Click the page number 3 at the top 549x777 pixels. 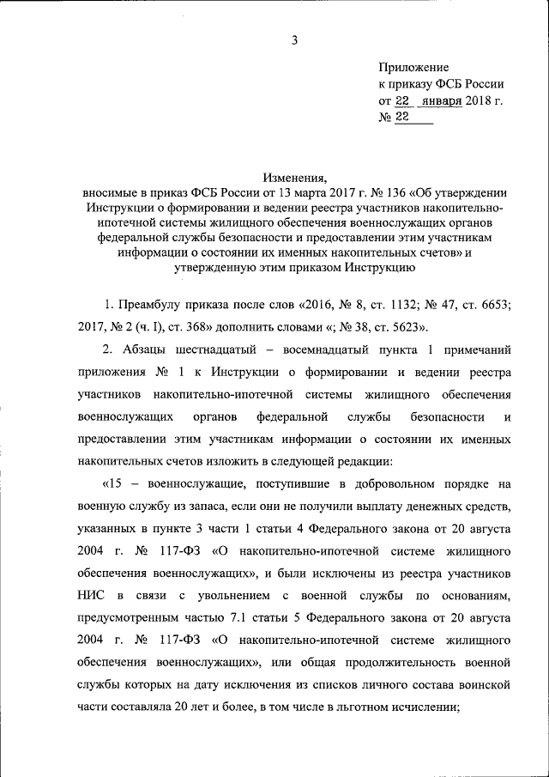tap(294, 39)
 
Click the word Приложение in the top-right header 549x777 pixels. tap(413, 66)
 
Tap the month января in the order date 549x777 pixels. tap(440, 100)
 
